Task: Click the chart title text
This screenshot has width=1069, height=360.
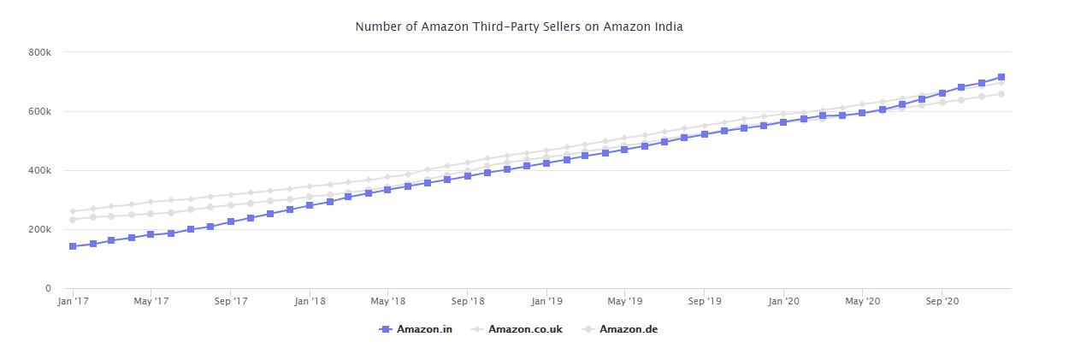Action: point(519,27)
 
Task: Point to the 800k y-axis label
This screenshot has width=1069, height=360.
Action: point(40,52)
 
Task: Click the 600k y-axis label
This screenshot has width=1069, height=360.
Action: point(40,111)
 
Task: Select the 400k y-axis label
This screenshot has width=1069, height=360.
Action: point(40,170)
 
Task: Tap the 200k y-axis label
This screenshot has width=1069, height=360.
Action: point(40,229)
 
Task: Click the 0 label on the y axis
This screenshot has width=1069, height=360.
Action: point(48,289)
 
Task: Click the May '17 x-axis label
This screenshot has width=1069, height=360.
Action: point(151,301)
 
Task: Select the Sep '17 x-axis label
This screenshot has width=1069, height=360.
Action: point(230,301)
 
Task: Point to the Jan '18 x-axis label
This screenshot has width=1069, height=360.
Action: point(309,301)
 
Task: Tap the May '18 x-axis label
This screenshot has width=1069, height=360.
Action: point(387,301)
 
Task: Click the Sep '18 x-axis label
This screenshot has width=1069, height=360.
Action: point(467,301)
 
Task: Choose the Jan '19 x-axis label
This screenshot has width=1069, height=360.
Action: point(546,301)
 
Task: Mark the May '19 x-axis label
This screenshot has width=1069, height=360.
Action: point(624,301)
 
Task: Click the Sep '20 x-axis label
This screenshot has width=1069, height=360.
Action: point(941,301)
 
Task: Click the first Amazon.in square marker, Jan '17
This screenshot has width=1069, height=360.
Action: point(73,246)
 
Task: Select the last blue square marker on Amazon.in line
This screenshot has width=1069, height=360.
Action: point(1001,77)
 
